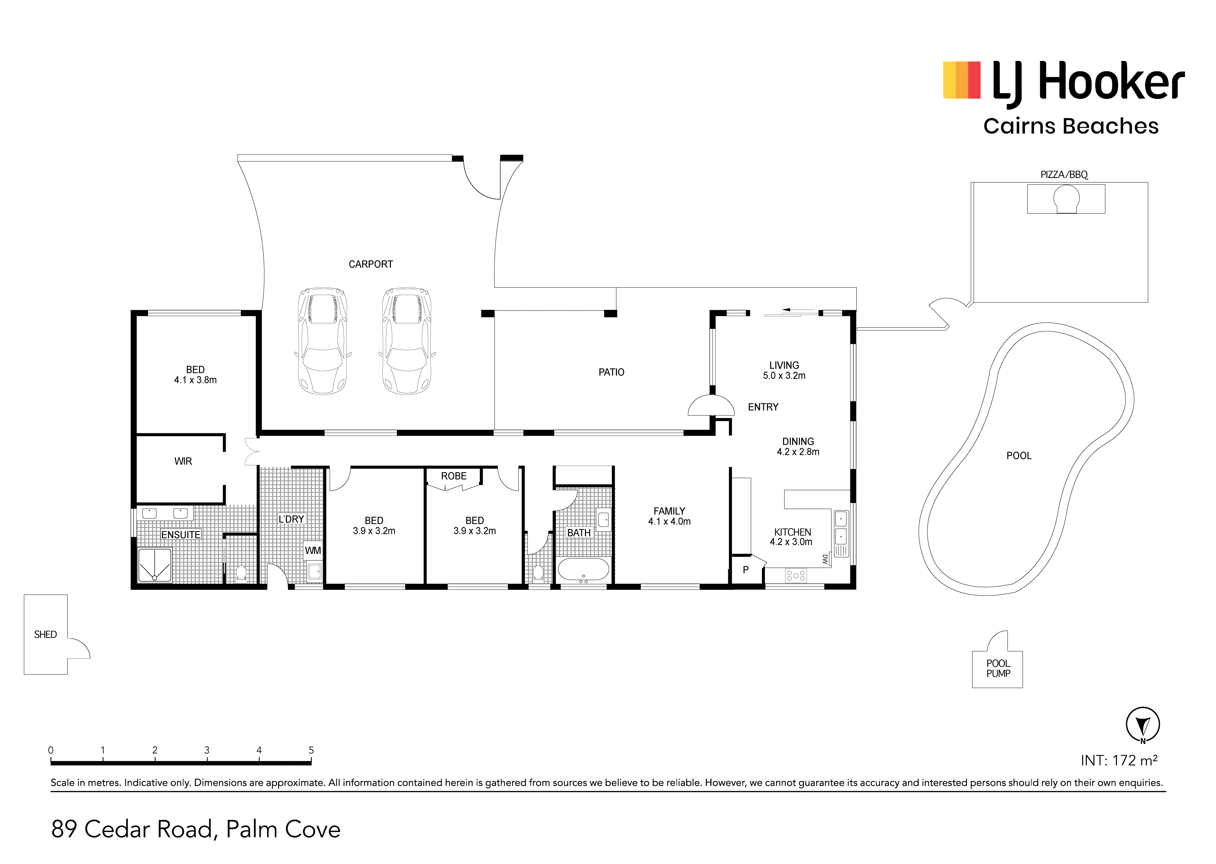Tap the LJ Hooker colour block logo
click(x=962, y=80)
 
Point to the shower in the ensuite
click(x=155, y=565)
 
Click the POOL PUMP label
click(x=998, y=668)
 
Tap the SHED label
click(x=45, y=635)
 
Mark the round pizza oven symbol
click(x=1066, y=198)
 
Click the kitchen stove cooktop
click(x=796, y=575)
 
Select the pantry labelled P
click(x=746, y=570)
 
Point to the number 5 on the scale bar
click(x=311, y=750)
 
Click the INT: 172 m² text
click(x=1119, y=760)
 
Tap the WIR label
click(x=183, y=461)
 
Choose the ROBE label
click(x=454, y=476)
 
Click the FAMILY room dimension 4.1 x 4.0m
click(x=669, y=522)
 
